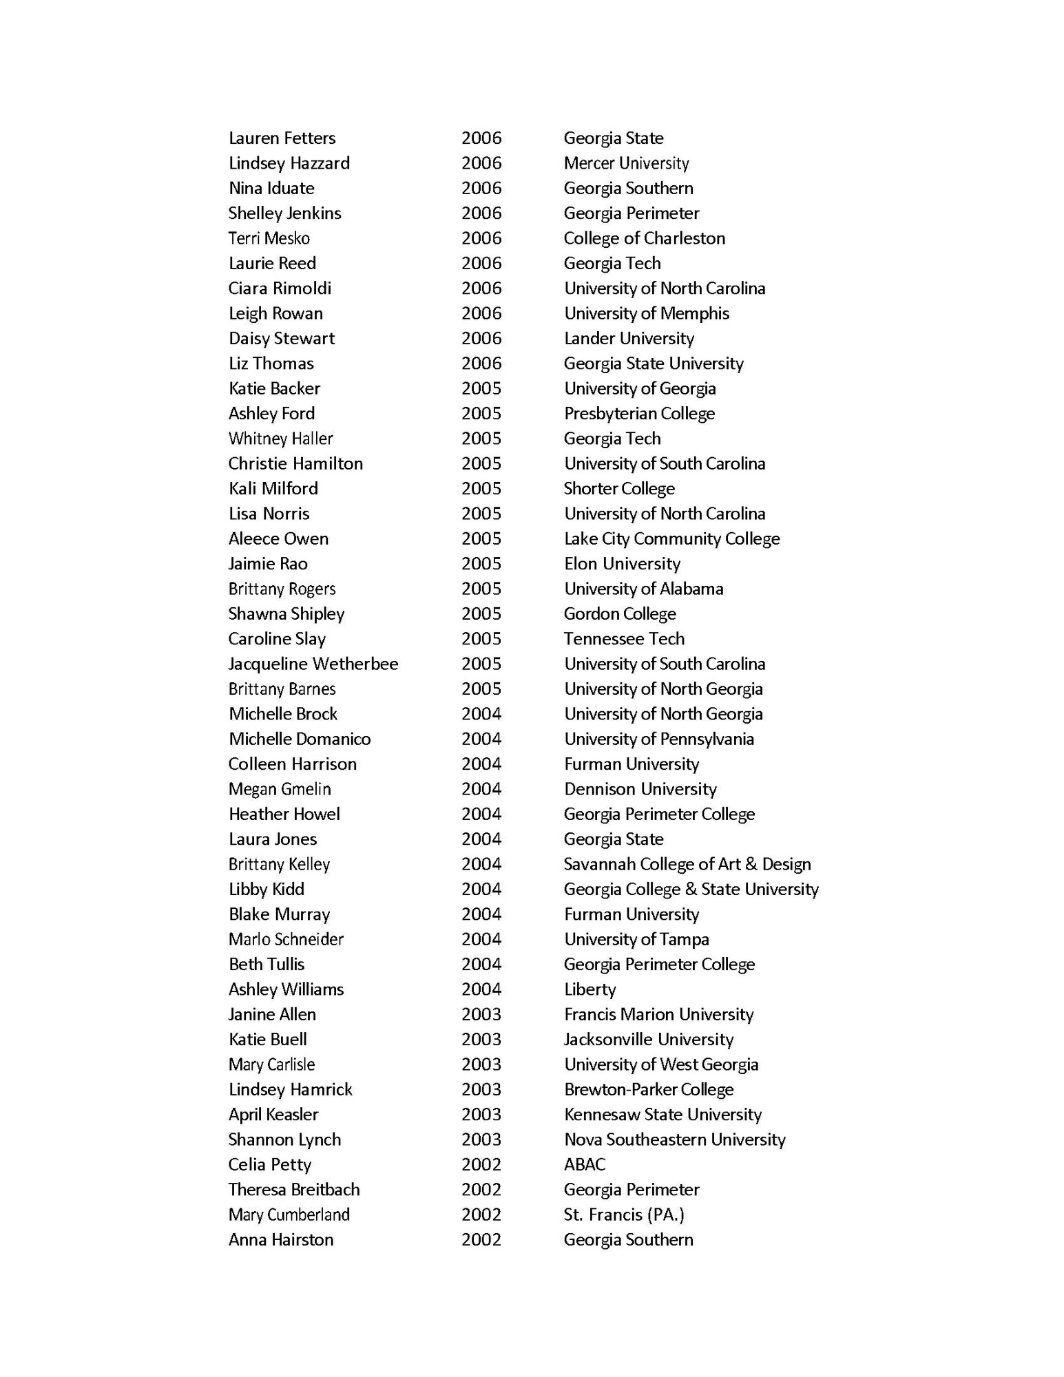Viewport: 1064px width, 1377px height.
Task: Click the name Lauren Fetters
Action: (x=282, y=138)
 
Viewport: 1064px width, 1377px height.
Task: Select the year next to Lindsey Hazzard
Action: (x=481, y=163)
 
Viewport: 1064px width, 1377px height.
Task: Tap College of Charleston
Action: (x=644, y=238)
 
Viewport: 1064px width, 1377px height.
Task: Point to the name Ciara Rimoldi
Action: (x=280, y=288)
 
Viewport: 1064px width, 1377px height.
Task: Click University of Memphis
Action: (x=646, y=314)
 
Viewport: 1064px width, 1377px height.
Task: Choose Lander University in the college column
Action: (x=629, y=339)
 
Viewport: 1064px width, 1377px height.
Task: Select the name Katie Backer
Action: (x=274, y=389)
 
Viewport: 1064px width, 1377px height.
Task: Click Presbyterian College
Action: (x=639, y=414)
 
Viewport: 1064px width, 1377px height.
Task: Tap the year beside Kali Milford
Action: (x=481, y=489)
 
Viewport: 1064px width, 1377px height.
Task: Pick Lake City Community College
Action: (x=671, y=539)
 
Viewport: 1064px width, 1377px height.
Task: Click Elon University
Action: (x=622, y=564)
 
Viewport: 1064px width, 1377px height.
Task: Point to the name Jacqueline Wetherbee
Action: (x=313, y=664)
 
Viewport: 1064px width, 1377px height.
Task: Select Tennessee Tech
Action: (x=624, y=639)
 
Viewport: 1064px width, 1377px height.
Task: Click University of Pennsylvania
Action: (x=658, y=739)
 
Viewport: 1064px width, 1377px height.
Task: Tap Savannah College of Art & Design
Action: (x=687, y=864)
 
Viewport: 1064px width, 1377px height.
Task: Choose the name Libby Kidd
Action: (x=266, y=890)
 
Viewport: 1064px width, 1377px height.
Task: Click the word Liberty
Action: (x=590, y=989)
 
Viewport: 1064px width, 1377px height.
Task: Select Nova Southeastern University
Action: (x=674, y=1139)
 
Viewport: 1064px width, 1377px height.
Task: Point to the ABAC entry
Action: (x=585, y=1164)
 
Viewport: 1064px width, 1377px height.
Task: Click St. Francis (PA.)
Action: (x=624, y=1215)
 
